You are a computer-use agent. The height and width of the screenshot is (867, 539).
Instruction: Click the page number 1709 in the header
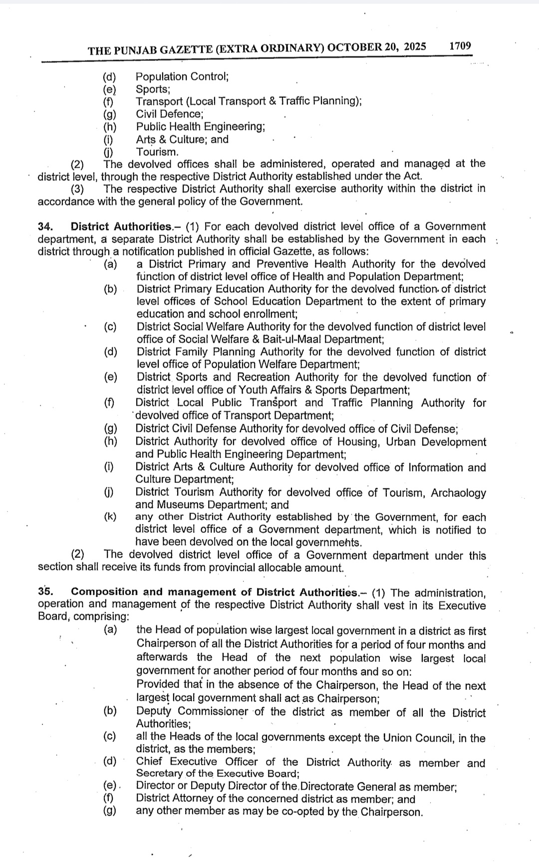[x=460, y=46]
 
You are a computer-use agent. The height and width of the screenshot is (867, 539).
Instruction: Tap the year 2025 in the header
[x=415, y=47]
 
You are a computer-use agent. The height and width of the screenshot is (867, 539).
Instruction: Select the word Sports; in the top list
[x=153, y=89]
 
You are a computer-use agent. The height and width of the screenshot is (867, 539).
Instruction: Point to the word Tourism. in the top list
[x=157, y=152]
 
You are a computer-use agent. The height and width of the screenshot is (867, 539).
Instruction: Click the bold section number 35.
[x=45, y=592]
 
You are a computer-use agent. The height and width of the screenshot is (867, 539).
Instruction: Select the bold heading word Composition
[x=104, y=592]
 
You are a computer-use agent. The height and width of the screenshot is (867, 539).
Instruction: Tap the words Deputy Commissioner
[x=192, y=712]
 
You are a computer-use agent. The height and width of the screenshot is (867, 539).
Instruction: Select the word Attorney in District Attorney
[x=192, y=799]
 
